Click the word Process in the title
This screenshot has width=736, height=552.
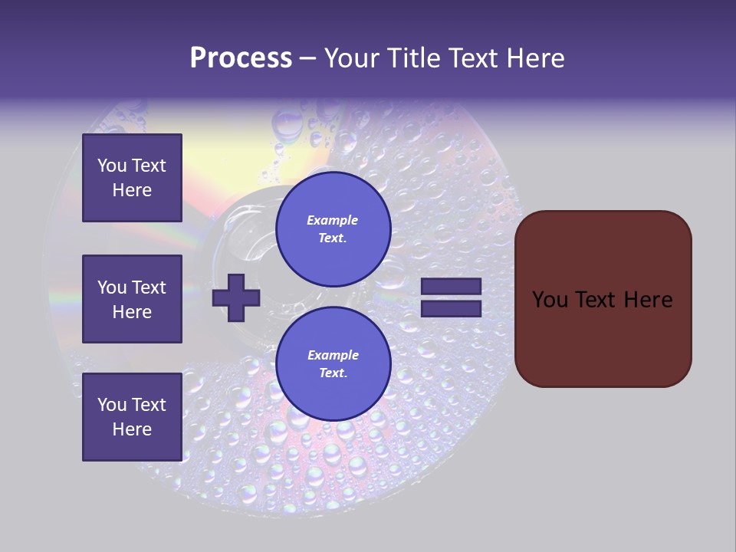241,58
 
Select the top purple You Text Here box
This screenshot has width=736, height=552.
132,178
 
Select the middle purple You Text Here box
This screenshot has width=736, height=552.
132,299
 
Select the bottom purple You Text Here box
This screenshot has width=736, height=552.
132,417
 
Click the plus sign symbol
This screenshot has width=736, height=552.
236,297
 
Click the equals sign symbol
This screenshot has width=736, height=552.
451,297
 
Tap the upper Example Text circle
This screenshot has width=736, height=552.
333,229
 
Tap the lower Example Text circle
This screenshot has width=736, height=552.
333,364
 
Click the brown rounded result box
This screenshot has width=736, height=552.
603,299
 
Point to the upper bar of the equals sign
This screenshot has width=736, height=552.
451,286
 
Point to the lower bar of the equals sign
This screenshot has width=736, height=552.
451,309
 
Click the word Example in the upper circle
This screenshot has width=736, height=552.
333,220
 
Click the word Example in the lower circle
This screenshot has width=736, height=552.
333,355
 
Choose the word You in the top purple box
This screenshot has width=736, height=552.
112,166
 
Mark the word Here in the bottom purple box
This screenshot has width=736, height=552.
132,429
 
